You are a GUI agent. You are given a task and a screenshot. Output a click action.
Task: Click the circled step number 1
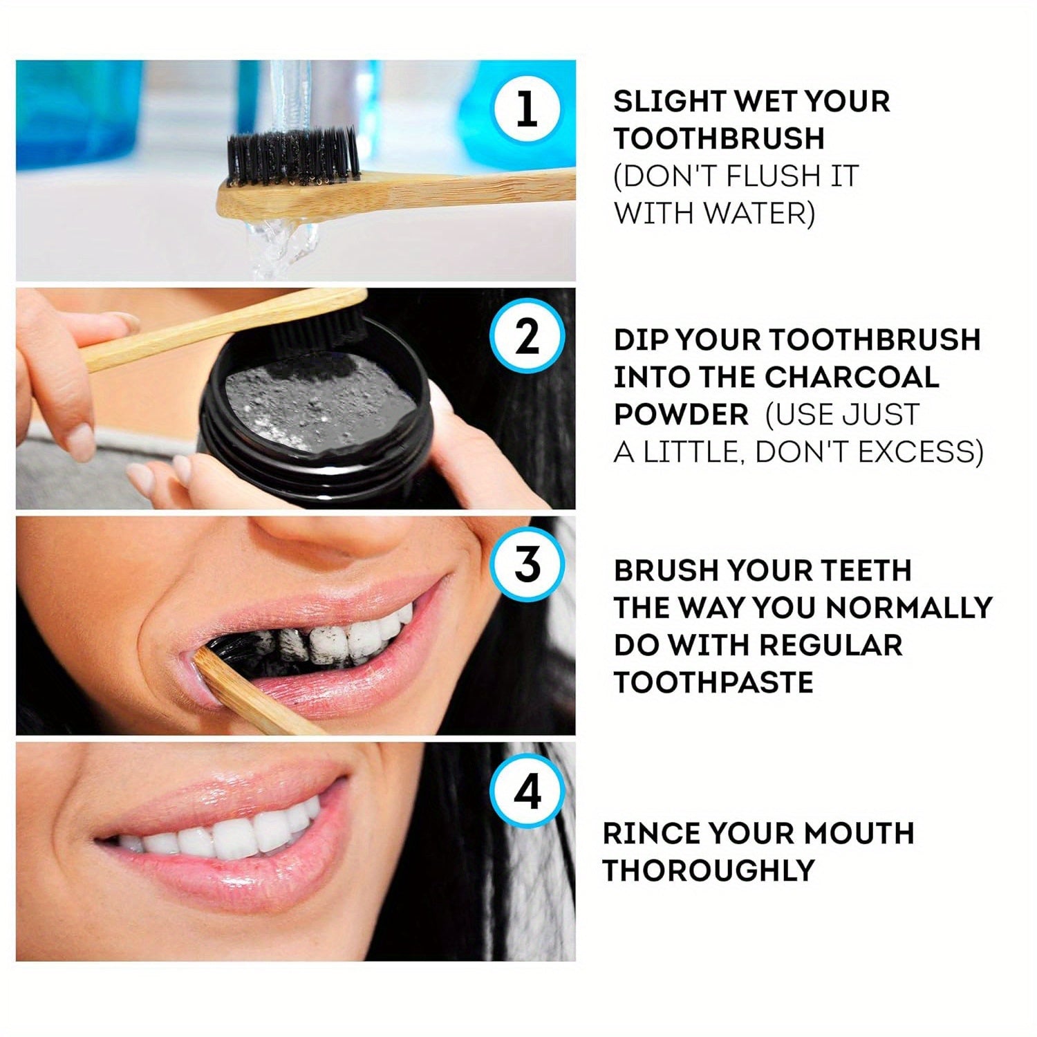pyautogui.click(x=527, y=110)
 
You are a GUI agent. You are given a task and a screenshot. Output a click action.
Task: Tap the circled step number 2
pyautogui.click(x=527, y=337)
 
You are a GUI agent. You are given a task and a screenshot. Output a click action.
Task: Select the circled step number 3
pyautogui.click(x=527, y=565)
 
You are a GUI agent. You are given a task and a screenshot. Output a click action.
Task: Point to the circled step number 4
pyautogui.click(x=527, y=792)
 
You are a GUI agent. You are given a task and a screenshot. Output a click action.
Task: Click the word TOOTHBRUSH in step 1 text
pyautogui.click(x=719, y=139)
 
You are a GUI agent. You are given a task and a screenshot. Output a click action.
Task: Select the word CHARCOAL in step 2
pyautogui.click(x=852, y=377)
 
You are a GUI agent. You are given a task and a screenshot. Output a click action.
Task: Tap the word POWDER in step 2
pyautogui.click(x=681, y=415)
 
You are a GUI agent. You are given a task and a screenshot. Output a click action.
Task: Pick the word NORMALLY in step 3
pyautogui.click(x=909, y=608)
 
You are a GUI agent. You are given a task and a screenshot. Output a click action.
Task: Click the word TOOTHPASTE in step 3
pyautogui.click(x=713, y=682)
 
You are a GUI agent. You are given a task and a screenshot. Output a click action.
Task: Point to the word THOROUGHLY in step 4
pyautogui.click(x=709, y=870)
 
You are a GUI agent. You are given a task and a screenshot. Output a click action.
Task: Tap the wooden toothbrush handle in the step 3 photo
pyautogui.click(x=256, y=698)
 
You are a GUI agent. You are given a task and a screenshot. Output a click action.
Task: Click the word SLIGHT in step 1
pyautogui.click(x=668, y=102)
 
